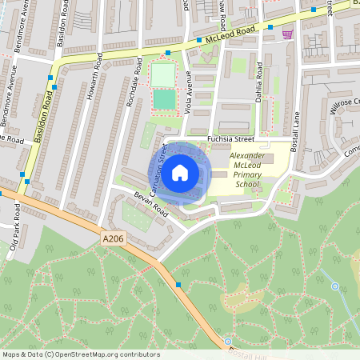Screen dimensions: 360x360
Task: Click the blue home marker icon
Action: (180, 172)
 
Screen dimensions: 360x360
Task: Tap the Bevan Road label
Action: (150, 203)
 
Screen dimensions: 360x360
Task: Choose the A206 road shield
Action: (114, 238)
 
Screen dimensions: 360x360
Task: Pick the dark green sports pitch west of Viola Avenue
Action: (164, 100)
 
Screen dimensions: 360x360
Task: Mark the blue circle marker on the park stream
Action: (335, 286)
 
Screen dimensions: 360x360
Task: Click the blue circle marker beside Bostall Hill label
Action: (227, 341)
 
